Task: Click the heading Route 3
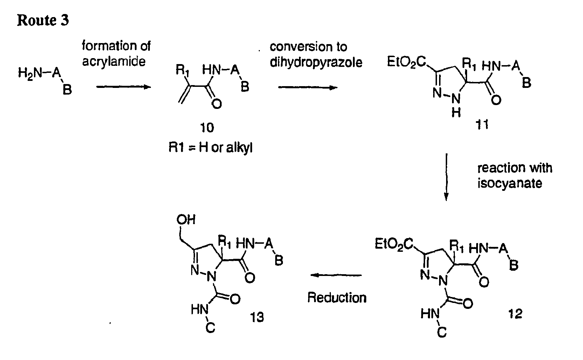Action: coord(43,20)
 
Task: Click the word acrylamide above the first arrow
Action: coord(114,62)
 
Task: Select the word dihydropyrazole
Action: coord(316,63)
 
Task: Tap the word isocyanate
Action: coord(509,183)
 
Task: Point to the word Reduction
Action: coord(337,297)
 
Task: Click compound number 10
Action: coord(207,127)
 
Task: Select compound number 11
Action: coord(482,124)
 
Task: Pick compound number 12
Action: coord(515,314)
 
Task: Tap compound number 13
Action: coord(257,317)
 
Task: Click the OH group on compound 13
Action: coord(186,220)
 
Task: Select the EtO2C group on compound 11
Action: coord(406,62)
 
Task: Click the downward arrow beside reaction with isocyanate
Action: coord(446,177)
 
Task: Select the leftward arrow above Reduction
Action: coord(336,275)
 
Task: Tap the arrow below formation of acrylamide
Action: coord(124,87)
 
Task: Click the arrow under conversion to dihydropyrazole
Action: coord(308,88)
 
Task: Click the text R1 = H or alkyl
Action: coord(210,147)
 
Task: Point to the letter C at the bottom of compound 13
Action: coord(210,328)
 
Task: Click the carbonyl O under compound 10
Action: coord(216,104)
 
